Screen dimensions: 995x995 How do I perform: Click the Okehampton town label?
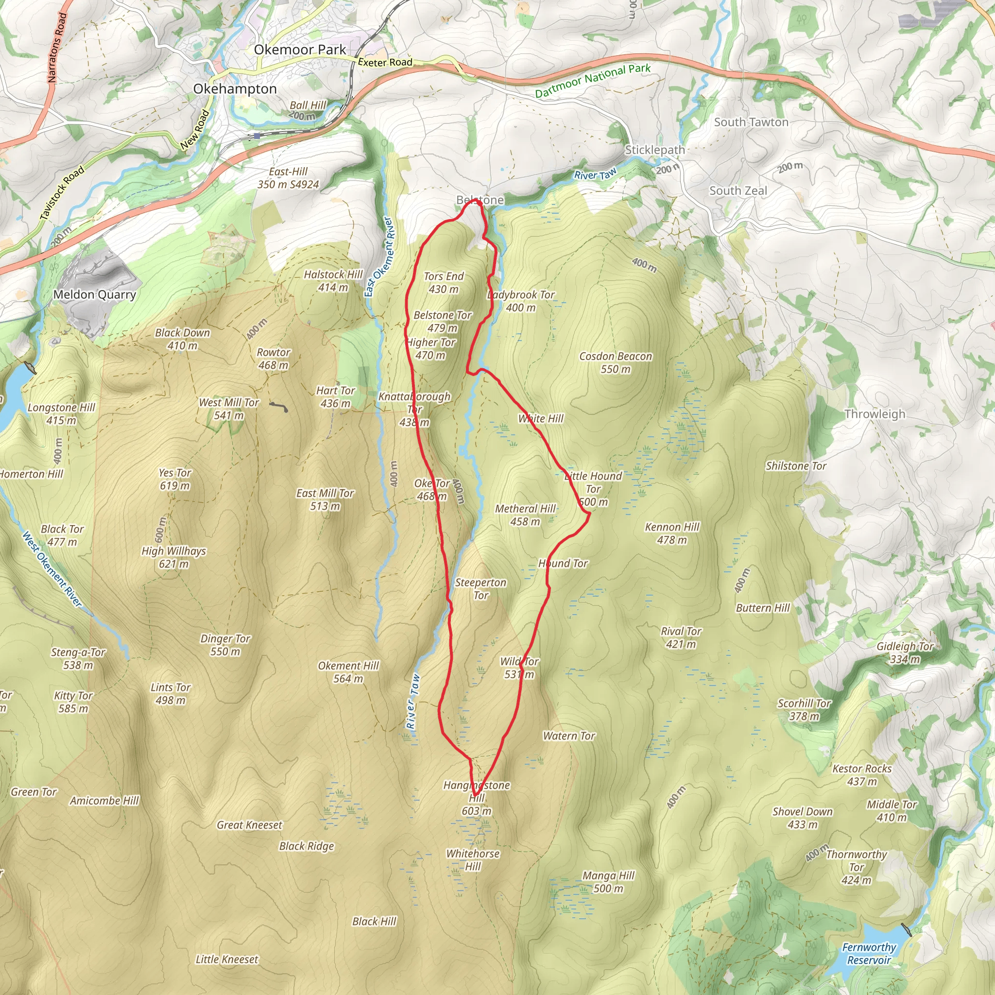point(235,89)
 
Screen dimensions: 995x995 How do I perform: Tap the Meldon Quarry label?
point(95,294)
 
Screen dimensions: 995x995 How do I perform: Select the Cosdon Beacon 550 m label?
point(616,362)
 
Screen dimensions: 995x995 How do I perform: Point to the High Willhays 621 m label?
point(173,557)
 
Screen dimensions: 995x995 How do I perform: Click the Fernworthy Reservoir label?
point(869,953)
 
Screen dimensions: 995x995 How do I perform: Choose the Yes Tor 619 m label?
point(174,479)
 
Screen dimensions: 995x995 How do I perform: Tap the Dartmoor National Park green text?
point(592,80)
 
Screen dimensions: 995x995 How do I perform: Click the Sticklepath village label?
point(654,150)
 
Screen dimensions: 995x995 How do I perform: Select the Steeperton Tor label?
point(480,589)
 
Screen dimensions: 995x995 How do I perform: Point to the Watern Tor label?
point(569,736)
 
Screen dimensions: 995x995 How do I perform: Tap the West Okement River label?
point(52,568)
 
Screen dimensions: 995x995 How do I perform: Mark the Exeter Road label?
point(385,62)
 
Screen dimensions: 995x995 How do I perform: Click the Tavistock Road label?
point(62,194)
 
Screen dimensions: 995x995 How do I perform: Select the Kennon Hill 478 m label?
point(672,533)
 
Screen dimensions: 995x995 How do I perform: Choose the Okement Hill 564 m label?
point(348,672)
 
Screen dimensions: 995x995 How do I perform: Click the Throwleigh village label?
point(875,414)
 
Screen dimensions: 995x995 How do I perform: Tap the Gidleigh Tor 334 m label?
point(905,652)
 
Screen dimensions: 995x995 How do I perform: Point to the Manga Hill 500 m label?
point(608,882)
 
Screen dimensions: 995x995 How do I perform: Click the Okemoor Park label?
point(300,50)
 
